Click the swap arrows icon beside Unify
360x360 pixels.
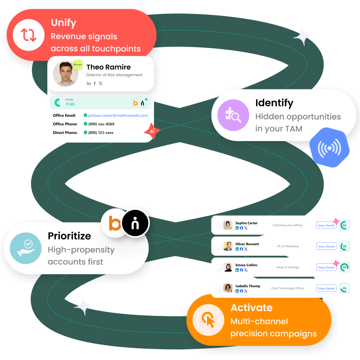29,35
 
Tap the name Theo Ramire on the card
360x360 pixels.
108,67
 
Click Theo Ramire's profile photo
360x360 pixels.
66,74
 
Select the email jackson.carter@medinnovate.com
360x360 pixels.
117,116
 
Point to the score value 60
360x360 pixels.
72,104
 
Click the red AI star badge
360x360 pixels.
152,131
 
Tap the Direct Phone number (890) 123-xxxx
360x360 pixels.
101,133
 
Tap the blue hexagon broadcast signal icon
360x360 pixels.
329,149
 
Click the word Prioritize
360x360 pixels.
69,236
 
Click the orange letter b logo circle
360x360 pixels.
115,223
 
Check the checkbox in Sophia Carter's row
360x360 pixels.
218,225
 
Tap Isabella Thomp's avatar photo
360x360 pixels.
228,288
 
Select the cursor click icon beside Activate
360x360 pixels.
207,320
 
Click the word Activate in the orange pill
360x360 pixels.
251,308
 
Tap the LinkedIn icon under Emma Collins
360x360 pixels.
237,270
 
